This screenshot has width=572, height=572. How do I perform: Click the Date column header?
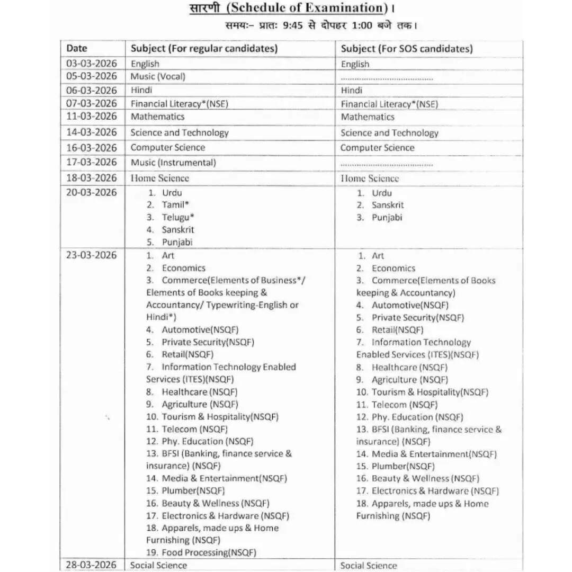click(x=77, y=48)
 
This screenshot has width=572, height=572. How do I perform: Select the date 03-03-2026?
click(x=91, y=64)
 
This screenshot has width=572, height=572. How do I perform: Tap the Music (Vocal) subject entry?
click(x=158, y=76)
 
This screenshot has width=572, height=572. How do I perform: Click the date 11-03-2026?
click(x=91, y=116)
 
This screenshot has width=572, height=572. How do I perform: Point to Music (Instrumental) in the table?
click(x=173, y=163)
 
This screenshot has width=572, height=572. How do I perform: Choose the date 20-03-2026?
click(x=91, y=192)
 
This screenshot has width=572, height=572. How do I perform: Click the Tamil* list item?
click(x=175, y=205)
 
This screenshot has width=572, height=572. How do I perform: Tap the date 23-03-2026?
click(x=91, y=255)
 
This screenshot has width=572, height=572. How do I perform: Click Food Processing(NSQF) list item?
click(x=209, y=552)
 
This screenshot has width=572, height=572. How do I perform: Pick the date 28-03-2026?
click(x=91, y=565)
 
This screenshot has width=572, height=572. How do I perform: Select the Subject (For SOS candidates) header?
click(x=407, y=49)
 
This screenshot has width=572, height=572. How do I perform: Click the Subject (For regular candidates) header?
click(x=204, y=49)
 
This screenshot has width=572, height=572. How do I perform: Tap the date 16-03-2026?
click(x=91, y=147)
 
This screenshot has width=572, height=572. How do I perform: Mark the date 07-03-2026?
click(x=91, y=103)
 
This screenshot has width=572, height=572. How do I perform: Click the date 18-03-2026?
click(x=91, y=177)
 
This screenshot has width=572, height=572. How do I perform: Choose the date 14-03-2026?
click(x=91, y=132)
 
